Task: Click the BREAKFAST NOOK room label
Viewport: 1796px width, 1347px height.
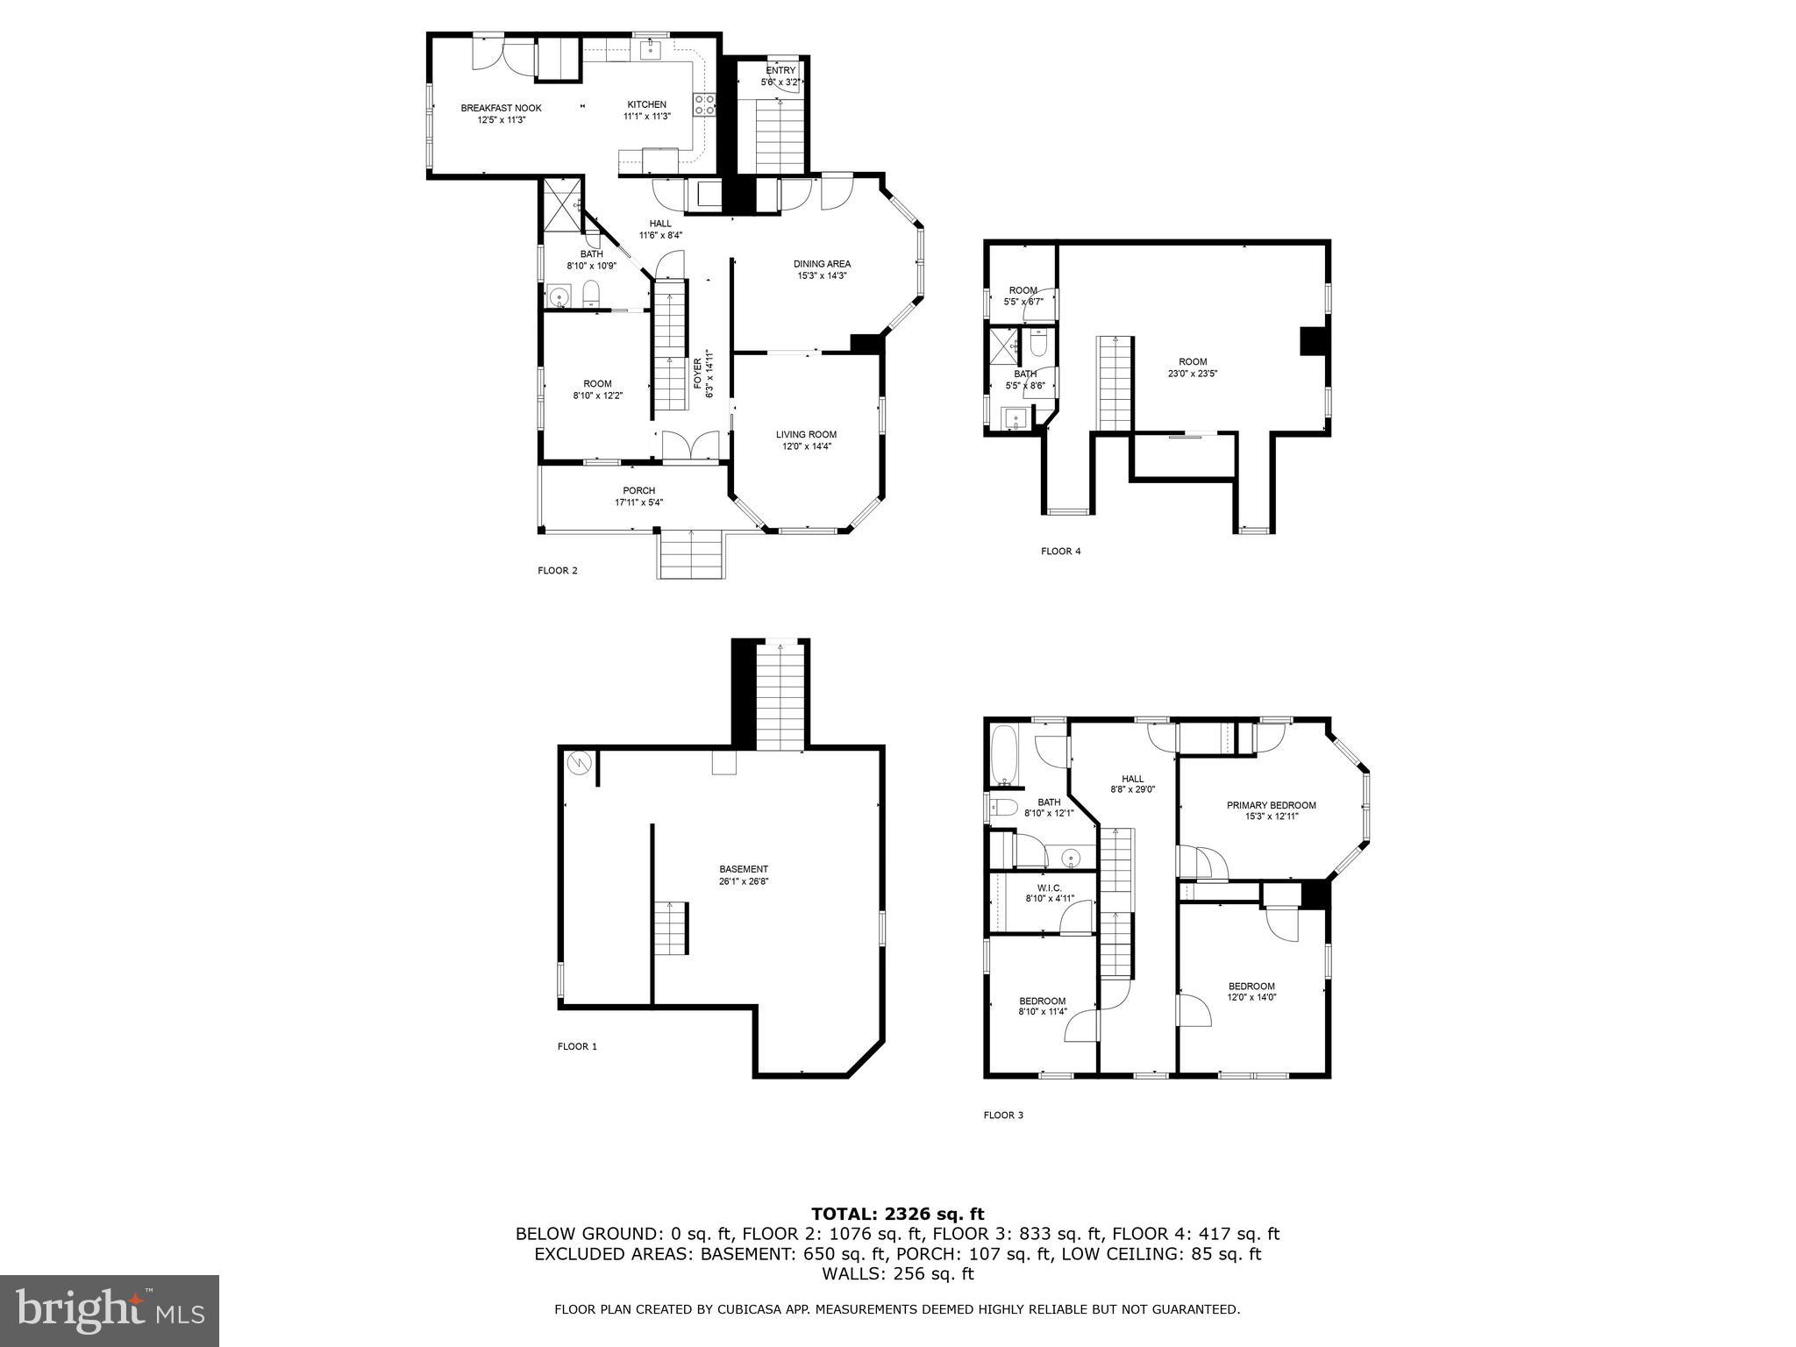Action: pos(501,109)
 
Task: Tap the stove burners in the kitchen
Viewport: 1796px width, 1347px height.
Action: pos(704,105)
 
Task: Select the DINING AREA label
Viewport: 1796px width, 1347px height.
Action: pos(822,264)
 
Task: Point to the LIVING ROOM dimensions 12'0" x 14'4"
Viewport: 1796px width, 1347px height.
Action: pos(806,446)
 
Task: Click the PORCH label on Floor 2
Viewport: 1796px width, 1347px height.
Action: pos(638,490)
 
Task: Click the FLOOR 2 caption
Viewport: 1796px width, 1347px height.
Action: pos(558,571)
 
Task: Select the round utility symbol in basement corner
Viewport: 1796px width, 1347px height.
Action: pos(579,763)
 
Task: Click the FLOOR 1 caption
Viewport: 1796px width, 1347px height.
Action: pos(577,1046)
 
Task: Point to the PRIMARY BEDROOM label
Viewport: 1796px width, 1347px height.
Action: pos(1271,805)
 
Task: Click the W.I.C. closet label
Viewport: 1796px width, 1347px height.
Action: pos(1050,887)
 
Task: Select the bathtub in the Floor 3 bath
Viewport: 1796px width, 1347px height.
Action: pos(1001,755)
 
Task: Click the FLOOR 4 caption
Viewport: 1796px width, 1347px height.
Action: pos(1060,552)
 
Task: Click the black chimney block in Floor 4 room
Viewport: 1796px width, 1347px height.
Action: pos(1313,341)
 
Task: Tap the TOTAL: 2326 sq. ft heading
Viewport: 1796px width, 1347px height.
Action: pos(897,1215)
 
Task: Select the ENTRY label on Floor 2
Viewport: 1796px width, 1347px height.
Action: pos(780,71)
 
